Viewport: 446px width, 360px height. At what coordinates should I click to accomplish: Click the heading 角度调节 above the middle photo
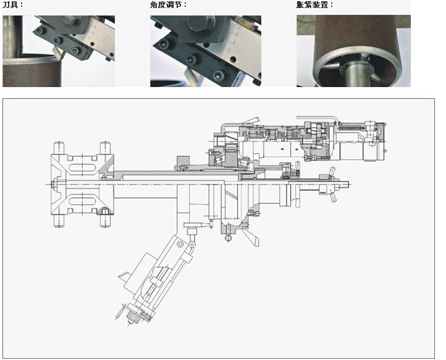(169, 4)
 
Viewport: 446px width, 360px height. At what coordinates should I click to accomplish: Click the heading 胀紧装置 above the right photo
(315, 4)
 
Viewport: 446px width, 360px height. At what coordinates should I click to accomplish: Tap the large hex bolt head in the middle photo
(201, 23)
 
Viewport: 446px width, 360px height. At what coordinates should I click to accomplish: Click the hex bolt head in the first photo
(70, 20)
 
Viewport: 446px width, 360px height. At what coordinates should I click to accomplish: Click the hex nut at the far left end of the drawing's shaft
(54, 185)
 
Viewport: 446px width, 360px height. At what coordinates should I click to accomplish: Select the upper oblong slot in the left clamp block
(82, 167)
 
